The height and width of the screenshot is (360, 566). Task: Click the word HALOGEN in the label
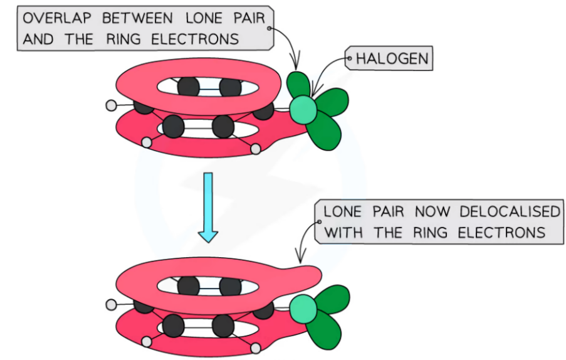point(392,60)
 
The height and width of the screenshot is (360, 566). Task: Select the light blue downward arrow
point(207,208)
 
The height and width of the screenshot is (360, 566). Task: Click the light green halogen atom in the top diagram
point(303,109)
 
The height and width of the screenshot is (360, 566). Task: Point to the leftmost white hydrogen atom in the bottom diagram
point(112,305)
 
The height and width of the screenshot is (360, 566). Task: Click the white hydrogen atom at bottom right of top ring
point(256,149)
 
